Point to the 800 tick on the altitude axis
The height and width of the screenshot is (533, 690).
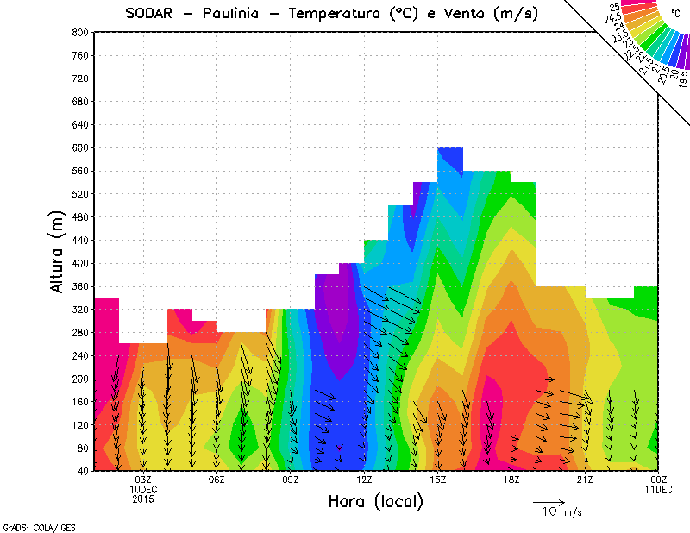click(79, 32)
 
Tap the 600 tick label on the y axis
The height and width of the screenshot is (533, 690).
click(79, 148)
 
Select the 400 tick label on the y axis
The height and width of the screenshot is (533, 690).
click(79, 264)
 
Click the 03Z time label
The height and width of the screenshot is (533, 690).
click(143, 480)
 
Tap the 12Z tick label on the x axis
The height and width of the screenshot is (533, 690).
click(364, 480)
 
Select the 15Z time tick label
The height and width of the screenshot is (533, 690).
click(437, 480)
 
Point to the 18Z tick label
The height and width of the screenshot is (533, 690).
click(511, 480)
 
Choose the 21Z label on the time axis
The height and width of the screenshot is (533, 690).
click(585, 480)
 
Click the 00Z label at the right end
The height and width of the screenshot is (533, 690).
click(659, 480)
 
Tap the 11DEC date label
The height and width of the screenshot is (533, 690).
click(659, 489)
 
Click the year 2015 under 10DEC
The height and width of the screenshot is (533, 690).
click(143, 499)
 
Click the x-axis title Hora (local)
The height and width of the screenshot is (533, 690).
click(375, 502)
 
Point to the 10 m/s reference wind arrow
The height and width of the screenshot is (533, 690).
click(548, 501)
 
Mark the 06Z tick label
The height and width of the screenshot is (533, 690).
click(216, 480)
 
